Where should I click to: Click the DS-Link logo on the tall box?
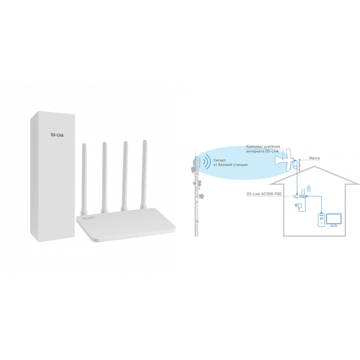[x=57, y=135]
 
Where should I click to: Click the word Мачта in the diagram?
[x=314, y=158]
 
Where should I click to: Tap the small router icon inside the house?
[x=300, y=196]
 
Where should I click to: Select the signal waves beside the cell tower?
[x=207, y=163]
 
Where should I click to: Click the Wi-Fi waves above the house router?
[x=308, y=189]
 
